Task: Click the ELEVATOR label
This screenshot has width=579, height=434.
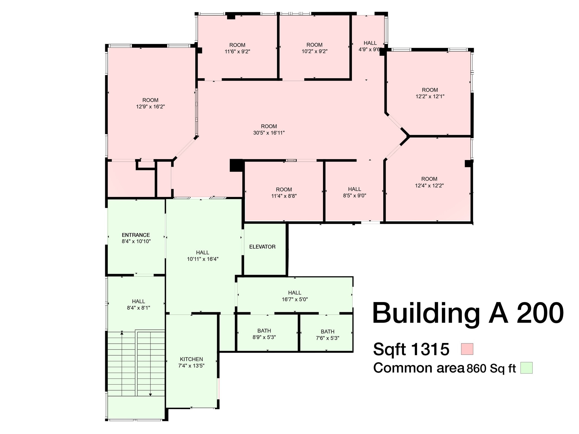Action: click(x=262, y=247)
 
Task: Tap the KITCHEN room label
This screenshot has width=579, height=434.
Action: click(x=191, y=359)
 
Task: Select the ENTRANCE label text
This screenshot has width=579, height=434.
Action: click(x=136, y=235)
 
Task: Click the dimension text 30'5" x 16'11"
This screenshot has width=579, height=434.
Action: click(x=269, y=133)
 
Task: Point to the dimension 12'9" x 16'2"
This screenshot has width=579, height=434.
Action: click(x=150, y=107)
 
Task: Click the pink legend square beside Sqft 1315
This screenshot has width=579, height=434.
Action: click(x=467, y=349)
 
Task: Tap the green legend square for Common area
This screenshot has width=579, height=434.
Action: click(x=526, y=368)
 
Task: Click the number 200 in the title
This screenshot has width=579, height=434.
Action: click(x=540, y=313)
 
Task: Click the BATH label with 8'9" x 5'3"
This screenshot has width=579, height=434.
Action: click(x=264, y=331)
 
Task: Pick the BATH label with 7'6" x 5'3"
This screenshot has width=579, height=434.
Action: click(x=327, y=331)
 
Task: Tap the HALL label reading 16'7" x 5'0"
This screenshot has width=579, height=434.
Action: click(x=295, y=293)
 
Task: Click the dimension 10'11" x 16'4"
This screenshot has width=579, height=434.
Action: click(x=203, y=259)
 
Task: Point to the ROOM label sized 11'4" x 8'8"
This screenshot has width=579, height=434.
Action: click(x=284, y=189)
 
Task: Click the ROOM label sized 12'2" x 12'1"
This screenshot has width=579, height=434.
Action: click(x=430, y=90)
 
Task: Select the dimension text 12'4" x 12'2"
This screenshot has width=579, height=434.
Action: click(x=429, y=186)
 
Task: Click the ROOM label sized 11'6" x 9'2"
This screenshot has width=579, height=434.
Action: click(x=237, y=45)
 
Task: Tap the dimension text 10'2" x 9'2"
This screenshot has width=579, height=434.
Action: click(x=314, y=51)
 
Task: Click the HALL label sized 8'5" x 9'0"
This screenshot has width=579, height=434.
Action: click(x=355, y=189)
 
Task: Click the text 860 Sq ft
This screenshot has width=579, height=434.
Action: click(x=491, y=368)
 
